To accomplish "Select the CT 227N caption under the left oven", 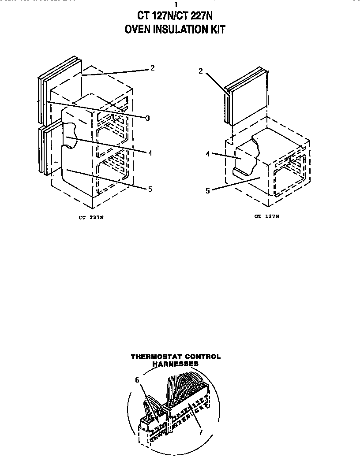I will click(91, 217).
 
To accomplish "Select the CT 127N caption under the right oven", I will click(267, 216).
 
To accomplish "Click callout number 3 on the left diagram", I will click(147, 118).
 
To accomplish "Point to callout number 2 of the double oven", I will click(152, 68).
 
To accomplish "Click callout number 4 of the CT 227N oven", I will click(150, 153).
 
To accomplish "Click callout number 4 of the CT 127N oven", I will click(207, 154).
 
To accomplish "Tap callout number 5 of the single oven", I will click(207, 190).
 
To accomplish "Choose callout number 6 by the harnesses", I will click(137, 379).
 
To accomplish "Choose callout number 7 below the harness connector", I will click(200, 432).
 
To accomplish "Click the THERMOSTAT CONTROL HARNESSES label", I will click(176, 360).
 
